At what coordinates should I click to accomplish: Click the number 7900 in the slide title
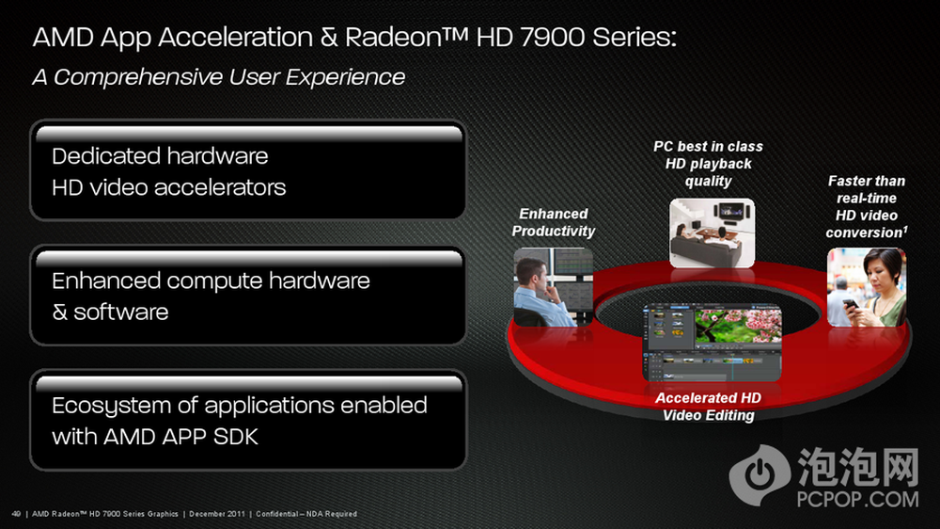552,38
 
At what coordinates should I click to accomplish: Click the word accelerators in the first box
220,188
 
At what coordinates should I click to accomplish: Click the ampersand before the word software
59,313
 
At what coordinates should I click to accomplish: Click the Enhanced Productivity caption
553,222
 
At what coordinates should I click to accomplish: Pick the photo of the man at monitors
554,288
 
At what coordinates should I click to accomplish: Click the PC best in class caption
708,164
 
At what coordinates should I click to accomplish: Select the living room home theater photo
712,233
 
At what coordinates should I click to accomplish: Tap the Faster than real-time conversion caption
867,206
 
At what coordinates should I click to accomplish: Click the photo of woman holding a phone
867,288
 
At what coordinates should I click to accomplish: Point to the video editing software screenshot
712,343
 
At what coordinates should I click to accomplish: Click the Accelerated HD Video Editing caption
708,407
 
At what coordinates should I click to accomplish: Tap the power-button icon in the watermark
760,475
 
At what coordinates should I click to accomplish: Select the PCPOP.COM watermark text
857,499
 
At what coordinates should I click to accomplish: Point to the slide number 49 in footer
16,514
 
